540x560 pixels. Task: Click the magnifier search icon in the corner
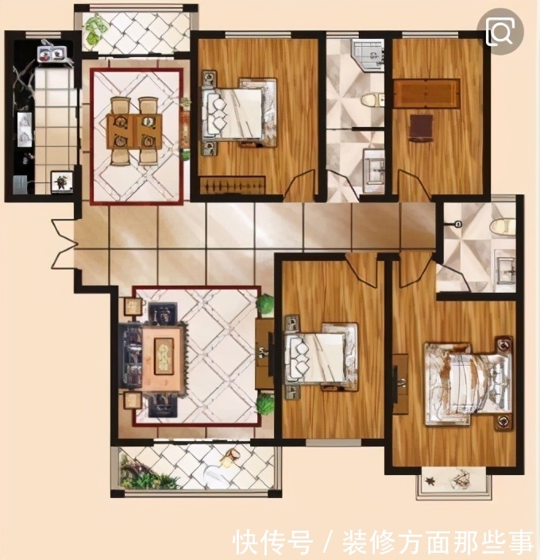click(500, 32)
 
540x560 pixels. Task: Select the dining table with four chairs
click(133, 131)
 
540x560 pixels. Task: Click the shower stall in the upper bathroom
click(368, 55)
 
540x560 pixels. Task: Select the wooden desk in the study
click(426, 93)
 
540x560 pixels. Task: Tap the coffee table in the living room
click(164, 355)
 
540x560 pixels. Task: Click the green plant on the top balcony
click(94, 30)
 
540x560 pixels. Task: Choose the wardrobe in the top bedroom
click(233, 186)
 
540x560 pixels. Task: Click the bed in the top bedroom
click(239, 113)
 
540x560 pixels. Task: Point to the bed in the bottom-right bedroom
click(468, 382)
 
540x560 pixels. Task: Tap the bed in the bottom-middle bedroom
click(321, 357)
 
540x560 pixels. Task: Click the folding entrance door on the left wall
click(65, 244)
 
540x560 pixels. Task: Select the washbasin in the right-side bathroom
click(505, 267)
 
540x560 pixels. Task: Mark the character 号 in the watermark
click(299, 542)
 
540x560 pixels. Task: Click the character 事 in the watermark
click(519, 542)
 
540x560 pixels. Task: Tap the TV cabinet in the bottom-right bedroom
click(400, 384)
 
